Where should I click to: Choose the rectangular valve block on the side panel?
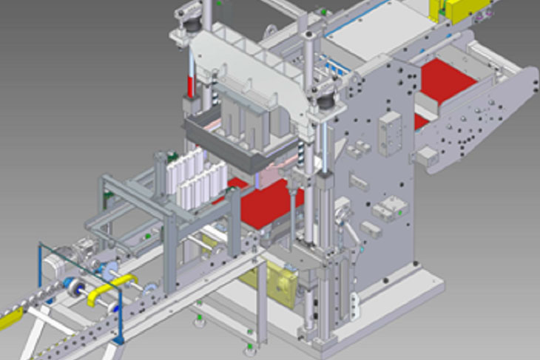pyautogui.click(x=389, y=132)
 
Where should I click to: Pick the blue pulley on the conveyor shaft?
pyautogui.click(x=74, y=285)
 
